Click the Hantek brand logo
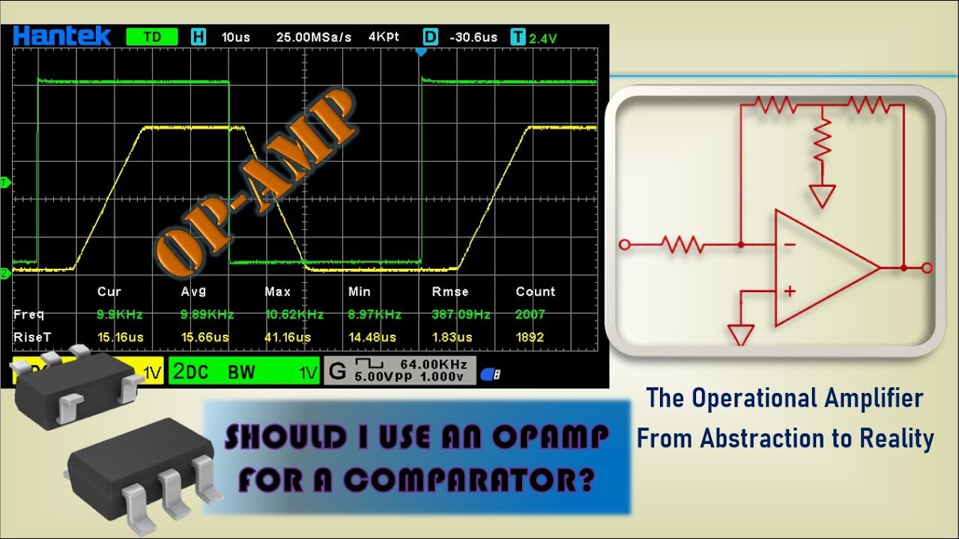61,35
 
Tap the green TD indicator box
152,37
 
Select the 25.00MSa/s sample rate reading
313,37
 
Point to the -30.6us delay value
473,37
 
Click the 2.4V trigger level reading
544,37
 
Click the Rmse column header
450,291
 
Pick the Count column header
536,291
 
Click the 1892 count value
530,338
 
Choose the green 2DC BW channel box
244,371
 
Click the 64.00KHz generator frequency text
434,364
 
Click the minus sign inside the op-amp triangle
789,245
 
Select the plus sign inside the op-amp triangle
789,291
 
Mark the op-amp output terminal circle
928,268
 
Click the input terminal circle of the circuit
624,244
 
